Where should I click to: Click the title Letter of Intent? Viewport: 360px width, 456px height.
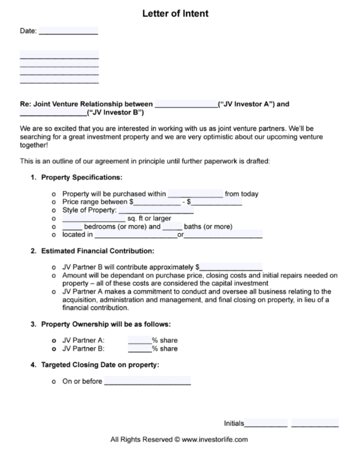175,14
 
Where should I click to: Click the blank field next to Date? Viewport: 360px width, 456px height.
68,31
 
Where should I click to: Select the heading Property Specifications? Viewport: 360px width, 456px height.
82,177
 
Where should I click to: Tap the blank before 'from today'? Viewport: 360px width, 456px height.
195,194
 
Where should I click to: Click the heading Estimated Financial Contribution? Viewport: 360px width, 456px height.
98,251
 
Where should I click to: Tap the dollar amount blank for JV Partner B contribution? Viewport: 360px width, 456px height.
231,267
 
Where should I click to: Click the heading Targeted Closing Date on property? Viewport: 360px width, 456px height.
100,364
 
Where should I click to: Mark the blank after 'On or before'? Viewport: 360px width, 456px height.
147,381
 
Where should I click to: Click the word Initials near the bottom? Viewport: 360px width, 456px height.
234,423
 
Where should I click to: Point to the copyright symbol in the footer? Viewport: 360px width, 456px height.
177,439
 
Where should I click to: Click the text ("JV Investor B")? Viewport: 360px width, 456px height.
115,112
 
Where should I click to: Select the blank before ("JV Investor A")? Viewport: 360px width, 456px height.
186,104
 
